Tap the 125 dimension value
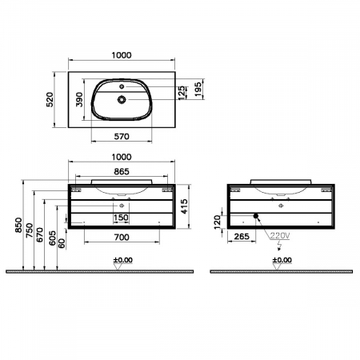(182, 92)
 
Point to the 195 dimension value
(198, 90)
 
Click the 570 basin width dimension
(122, 136)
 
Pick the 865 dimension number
(122, 172)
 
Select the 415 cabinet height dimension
(185, 205)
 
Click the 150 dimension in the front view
(122, 218)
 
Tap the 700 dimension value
(122, 238)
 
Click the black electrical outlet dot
(256, 216)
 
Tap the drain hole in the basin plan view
(122, 100)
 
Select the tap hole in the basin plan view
(122, 84)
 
